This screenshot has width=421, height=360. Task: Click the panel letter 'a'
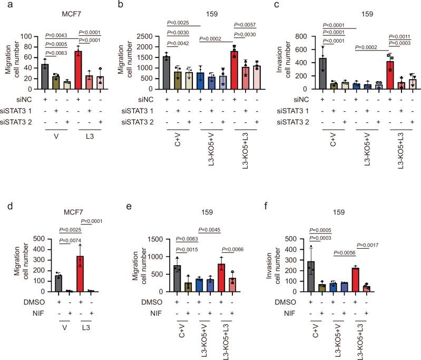tap(4, 5)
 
